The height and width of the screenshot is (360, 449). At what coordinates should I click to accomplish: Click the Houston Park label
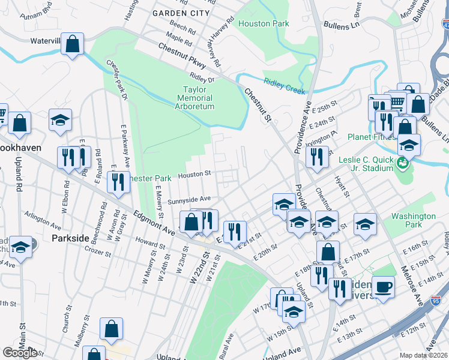(264, 24)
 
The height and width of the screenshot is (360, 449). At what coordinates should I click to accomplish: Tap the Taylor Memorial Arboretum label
(198, 98)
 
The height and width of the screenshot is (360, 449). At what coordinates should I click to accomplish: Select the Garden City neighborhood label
(181, 13)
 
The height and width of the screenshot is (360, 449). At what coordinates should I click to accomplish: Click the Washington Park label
(413, 221)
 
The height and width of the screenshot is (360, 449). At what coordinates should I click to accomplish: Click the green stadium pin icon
(405, 163)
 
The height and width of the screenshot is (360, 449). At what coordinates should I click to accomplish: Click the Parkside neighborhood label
(70, 238)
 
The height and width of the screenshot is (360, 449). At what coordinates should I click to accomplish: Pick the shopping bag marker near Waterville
(72, 44)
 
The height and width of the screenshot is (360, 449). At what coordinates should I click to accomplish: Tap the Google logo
(20, 353)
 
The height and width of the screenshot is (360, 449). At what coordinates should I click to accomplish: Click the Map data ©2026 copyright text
(424, 355)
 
